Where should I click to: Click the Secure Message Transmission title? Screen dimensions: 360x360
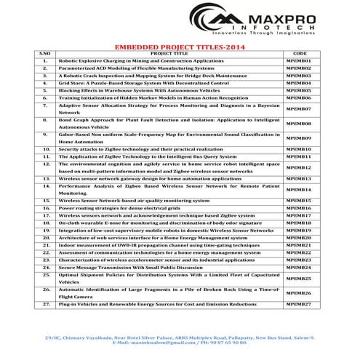coord(131,267)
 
